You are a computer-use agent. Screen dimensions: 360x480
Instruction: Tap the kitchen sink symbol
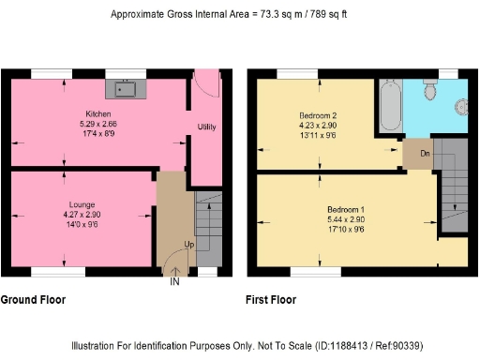tap(126, 88)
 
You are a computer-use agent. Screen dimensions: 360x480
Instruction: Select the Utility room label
tap(207, 126)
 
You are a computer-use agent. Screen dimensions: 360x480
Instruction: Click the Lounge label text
tap(82, 203)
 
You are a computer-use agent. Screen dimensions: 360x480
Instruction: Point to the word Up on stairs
tap(188, 244)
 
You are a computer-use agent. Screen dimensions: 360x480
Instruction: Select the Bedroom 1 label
tap(346, 208)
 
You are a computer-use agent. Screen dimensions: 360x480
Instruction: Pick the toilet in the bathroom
tap(432, 89)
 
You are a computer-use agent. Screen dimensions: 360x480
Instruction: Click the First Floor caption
tap(271, 300)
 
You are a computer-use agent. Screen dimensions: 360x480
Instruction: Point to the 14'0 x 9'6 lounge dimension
tap(82, 224)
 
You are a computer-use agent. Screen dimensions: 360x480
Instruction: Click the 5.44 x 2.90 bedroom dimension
tap(346, 218)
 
